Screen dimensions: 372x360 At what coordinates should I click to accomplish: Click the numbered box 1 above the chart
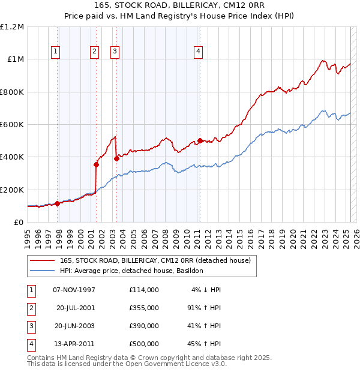coord(55,52)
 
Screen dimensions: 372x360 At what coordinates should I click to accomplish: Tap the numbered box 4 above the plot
coord(197,52)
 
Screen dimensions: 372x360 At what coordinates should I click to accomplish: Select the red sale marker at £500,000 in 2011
coord(200,141)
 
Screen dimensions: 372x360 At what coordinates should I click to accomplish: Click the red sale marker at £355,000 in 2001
coord(96,164)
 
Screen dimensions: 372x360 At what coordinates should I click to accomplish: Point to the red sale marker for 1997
coord(58,203)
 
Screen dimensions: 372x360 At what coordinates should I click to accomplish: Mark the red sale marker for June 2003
coord(116,158)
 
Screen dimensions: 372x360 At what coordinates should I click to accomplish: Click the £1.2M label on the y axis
coord(12,27)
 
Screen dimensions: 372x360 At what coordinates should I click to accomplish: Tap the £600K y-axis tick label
coord(12,124)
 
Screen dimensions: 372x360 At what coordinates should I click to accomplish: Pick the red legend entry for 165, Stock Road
coord(158,260)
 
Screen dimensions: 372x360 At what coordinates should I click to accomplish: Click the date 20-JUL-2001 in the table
coord(76,308)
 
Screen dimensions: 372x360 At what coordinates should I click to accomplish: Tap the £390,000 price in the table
coord(143,326)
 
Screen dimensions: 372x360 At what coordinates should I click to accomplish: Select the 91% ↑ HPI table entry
coord(204,308)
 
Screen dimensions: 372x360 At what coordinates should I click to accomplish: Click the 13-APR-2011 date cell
coord(76,344)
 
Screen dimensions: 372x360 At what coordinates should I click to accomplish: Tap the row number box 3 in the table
coord(31,326)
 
